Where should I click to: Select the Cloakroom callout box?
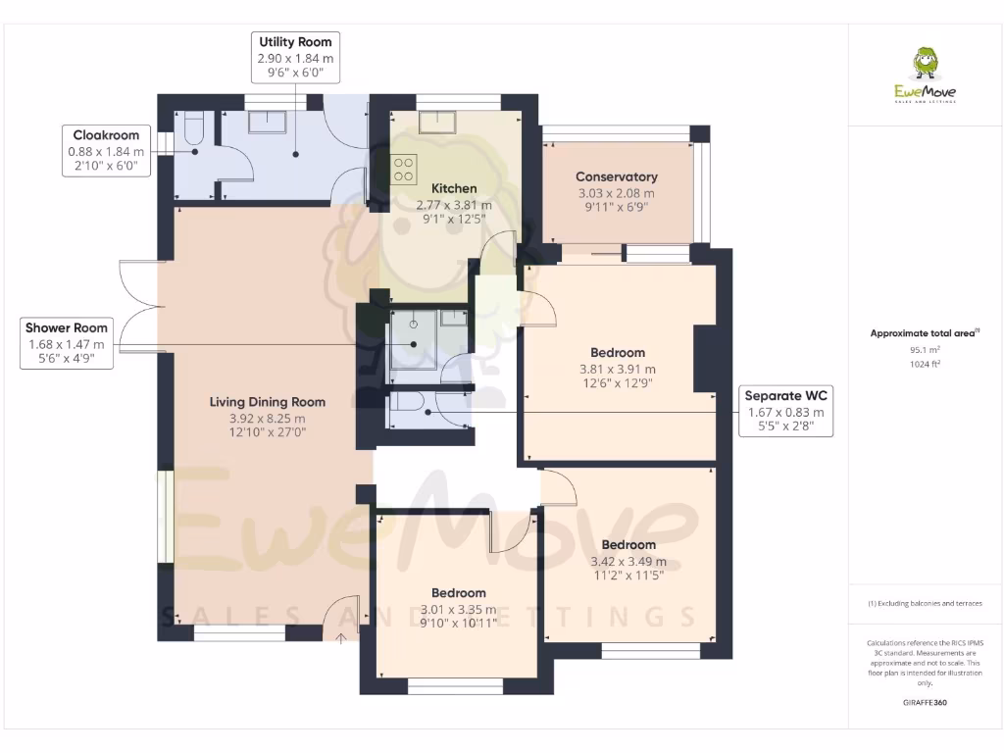point(106,151)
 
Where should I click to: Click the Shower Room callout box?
point(67,343)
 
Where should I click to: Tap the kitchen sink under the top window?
point(433,122)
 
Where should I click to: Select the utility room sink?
point(267,122)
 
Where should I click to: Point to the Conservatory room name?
point(616,176)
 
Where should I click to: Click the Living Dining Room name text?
point(267,402)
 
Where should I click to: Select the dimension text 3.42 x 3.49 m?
point(627,561)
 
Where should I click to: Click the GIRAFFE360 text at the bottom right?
point(926,703)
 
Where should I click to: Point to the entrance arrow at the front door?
point(341,639)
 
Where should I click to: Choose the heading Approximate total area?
point(924,333)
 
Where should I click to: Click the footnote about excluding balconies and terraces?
point(926,603)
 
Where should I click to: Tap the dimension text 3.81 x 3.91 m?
point(618,369)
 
